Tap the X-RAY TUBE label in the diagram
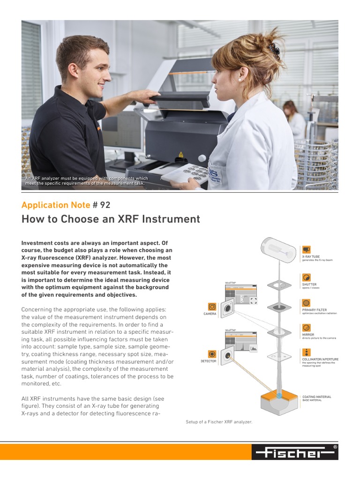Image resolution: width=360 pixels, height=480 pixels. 311,257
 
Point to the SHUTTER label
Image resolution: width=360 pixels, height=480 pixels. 309,284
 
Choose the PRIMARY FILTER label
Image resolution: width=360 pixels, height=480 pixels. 315,310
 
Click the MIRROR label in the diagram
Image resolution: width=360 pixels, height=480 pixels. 308,335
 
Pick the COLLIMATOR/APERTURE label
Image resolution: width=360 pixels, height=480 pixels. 320,359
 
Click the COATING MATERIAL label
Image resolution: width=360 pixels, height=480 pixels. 317,397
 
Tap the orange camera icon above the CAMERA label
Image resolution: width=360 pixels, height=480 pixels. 212,307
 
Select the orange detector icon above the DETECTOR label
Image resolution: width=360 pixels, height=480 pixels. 212,354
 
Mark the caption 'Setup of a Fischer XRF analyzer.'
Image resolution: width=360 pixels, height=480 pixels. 219,422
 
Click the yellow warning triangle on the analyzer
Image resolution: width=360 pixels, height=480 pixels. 180,154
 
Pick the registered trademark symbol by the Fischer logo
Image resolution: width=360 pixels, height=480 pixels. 335,448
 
